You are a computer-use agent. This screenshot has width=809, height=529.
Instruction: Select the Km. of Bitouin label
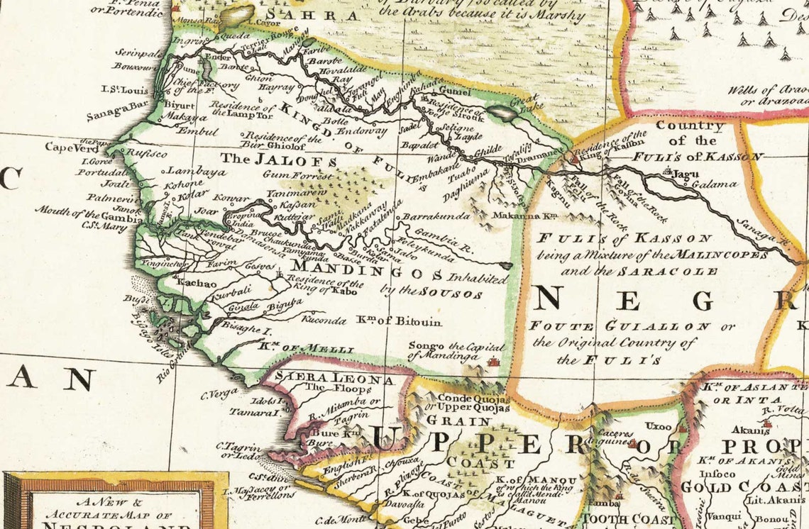click(x=399, y=322)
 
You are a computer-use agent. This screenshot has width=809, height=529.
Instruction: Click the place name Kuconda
click(x=324, y=321)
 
